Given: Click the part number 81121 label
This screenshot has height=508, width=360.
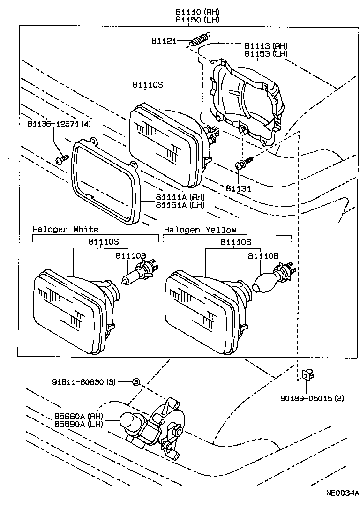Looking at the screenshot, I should click(x=163, y=41).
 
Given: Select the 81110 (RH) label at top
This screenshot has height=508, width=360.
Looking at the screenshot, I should click(x=197, y=12).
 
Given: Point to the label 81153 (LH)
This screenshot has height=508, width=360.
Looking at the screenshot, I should click(x=265, y=53).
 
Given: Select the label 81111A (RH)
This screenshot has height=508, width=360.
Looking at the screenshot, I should click(x=180, y=197).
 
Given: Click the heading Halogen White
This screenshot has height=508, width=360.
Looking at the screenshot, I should click(x=65, y=230).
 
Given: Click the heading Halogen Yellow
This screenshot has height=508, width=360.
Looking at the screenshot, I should click(x=200, y=230).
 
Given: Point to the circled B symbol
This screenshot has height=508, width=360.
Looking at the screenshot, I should click(x=136, y=382).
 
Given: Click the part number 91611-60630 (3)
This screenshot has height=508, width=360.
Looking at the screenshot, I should click(x=84, y=382).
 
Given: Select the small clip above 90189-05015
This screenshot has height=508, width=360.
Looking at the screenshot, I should click(x=307, y=375).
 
